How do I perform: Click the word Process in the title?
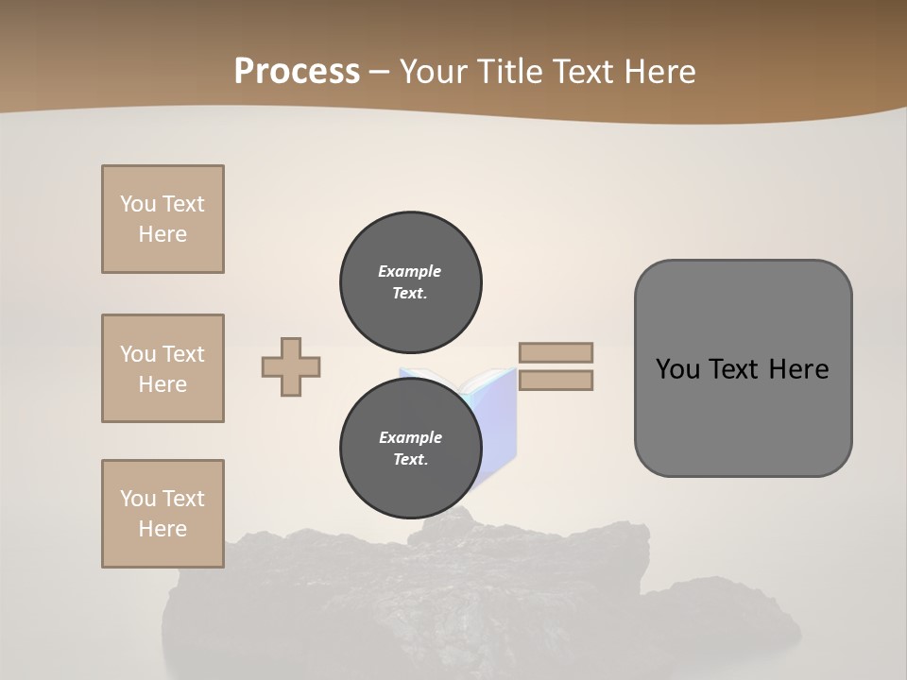[297, 72]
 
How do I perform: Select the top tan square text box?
[163, 219]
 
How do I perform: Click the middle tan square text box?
[163, 368]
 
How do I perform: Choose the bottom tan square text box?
[163, 514]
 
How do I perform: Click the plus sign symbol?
[291, 366]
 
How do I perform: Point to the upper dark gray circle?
[410, 282]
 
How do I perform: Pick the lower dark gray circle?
[410, 449]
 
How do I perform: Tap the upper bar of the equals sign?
[556, 352]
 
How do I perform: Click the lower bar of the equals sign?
[556, 381]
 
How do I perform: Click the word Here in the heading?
[659, 72]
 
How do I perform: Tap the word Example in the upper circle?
[410, 271]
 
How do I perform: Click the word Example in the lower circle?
[410, 437]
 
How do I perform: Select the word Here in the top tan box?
[163, 234]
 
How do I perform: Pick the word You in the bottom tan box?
[138, 499]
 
